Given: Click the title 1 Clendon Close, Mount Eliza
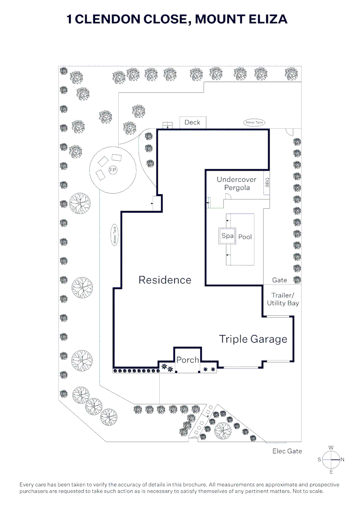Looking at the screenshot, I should point(177,19).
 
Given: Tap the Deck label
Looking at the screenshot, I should point(192,123).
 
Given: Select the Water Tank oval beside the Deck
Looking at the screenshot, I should point(254,123).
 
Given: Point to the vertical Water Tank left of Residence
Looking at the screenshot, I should point(114,234).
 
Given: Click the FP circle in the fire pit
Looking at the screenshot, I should point(113,170).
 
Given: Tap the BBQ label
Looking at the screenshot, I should point(267,182).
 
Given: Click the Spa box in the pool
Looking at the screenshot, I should point(228,236).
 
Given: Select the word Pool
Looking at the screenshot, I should point(245,237).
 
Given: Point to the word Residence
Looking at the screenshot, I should point(165,280).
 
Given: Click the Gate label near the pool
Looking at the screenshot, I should point(279,280).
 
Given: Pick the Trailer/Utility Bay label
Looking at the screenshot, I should point(283,299).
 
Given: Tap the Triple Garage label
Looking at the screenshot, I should point(253,339).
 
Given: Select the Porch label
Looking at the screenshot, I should point(188,360).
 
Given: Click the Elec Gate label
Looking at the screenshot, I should point(287,451).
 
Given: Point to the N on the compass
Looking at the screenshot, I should point(343,459).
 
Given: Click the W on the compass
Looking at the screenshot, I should point(331,448).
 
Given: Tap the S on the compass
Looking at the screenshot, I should point(319,459).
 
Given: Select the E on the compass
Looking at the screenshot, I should point(331,471).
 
